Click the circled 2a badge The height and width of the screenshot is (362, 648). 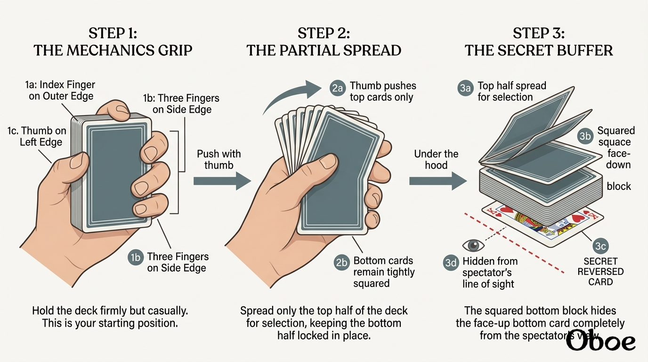coord(337,88)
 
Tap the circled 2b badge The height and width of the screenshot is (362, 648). coord(341,263)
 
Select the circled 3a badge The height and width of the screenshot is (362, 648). coord(465,88)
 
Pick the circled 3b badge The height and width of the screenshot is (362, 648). coord(585,136)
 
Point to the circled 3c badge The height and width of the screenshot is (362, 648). coord(600,246)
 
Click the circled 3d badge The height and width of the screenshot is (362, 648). coord(451,263)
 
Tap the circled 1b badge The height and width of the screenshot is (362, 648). coord(136,257)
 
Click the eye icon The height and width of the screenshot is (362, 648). coord(473,246)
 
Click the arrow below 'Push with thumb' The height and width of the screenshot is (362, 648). coord(222,181)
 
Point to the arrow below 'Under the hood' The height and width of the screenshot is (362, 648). coord(437,181)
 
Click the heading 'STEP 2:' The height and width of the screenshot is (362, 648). coord(324,33)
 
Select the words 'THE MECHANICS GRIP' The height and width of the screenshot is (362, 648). coord(113,50)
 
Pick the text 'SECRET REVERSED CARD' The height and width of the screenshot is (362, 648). coord(600,271)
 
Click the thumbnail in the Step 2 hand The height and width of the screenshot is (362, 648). coord(327,162)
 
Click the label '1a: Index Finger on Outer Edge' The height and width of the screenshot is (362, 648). coord(60,90)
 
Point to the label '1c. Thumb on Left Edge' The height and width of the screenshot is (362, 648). coord(37,136)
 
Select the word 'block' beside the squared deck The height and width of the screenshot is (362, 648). coord(619,186)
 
